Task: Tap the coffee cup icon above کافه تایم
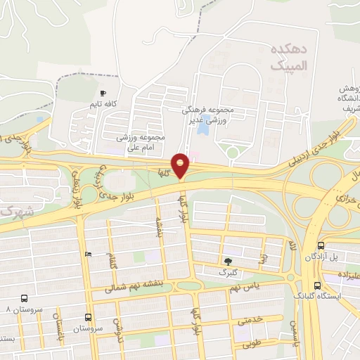(103, 93)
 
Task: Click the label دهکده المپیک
(288, 57)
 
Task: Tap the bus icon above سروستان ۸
(25, 298)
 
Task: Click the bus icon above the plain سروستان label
(89, 317)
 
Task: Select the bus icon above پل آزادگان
(321, 245)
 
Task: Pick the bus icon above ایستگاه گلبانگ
(318, 285)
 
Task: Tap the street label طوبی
(251, 345)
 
